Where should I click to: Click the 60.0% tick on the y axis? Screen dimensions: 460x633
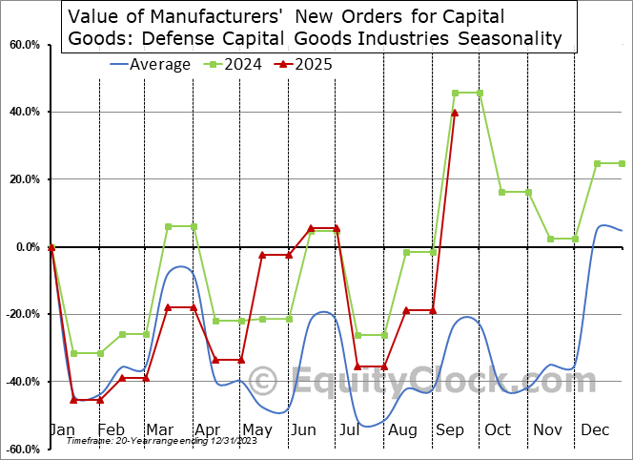[25, 45]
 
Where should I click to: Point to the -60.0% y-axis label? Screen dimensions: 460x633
[24, 449]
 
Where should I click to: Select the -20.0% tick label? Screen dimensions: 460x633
[24, 314]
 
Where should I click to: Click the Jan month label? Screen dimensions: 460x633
[63, 430]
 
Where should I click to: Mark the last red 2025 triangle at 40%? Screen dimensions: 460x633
[455, 113]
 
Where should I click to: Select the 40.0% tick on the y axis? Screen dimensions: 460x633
[25, 113]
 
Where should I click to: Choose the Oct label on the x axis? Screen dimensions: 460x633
[497, 430]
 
